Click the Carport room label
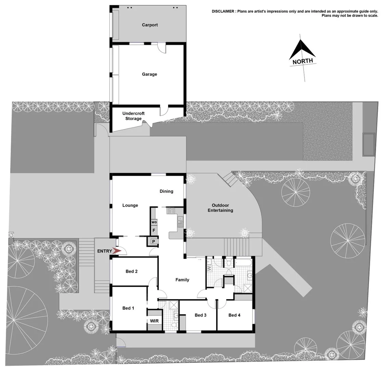point(150,25)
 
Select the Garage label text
point(149,74)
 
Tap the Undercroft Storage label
point(133,116)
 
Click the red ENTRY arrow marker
point(117,251)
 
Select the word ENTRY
point(104,251)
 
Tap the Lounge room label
point(130,206)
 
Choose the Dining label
point(166,192)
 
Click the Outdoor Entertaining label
point(220,208)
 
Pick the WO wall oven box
point(154,222)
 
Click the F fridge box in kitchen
point(154,231)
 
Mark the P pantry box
point(153,242)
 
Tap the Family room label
point(182,280)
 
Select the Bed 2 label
point(132,272)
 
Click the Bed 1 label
point(128,308)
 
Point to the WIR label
point(154,321)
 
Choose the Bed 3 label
point(200,315)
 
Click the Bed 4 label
point(234,315)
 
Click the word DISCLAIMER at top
point(223,11)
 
